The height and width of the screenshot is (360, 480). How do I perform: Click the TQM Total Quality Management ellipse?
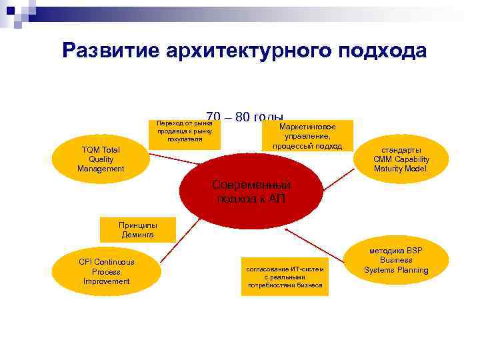pyautogui.click(x=101, y=159)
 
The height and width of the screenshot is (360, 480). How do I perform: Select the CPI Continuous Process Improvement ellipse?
pyautogui.click(x=107, y=272)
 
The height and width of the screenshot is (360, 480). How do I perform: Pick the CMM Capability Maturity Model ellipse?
pyautogui.click(x=401, y=159)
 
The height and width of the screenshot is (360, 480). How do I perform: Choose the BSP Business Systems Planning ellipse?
pyautogui.click(x=396, y=260)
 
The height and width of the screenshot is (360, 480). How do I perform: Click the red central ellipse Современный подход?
pyautogui.click(x=251, y=191)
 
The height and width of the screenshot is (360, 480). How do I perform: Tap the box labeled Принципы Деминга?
pyautogui.click(x=137, y=230)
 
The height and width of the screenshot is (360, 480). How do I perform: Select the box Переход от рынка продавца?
pyautogui.click(x=185, y=131)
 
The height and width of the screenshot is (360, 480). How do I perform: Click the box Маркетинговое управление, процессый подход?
pyautogui.click(x=307, y=136)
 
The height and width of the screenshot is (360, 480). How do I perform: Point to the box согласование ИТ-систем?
pyautogui.click(x=285, y=277)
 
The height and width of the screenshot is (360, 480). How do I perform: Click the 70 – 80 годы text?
pyautogui.click(x=245, y=116)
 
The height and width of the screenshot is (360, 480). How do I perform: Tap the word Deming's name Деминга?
pyautogui.click(x=137, y=235)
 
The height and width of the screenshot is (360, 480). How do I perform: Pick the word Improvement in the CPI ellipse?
pyautogui.click(x=107, y=281)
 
